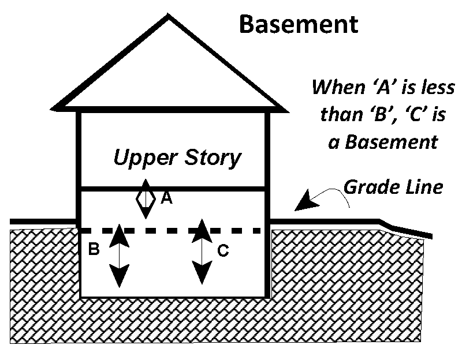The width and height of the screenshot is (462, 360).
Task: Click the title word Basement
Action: tap(298, 24)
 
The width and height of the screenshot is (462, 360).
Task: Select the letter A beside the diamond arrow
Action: tap(166, 198)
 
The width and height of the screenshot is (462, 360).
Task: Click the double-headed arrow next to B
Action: tap(119, 256)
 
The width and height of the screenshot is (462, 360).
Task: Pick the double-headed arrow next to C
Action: tap(200, 252)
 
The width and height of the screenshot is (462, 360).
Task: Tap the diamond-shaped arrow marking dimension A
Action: tap(146, 198)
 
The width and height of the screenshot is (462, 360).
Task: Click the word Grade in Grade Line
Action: tap(368, 186)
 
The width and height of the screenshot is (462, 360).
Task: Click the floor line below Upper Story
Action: tap(173, 189)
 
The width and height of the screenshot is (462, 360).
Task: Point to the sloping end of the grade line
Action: tap(407, 229)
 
